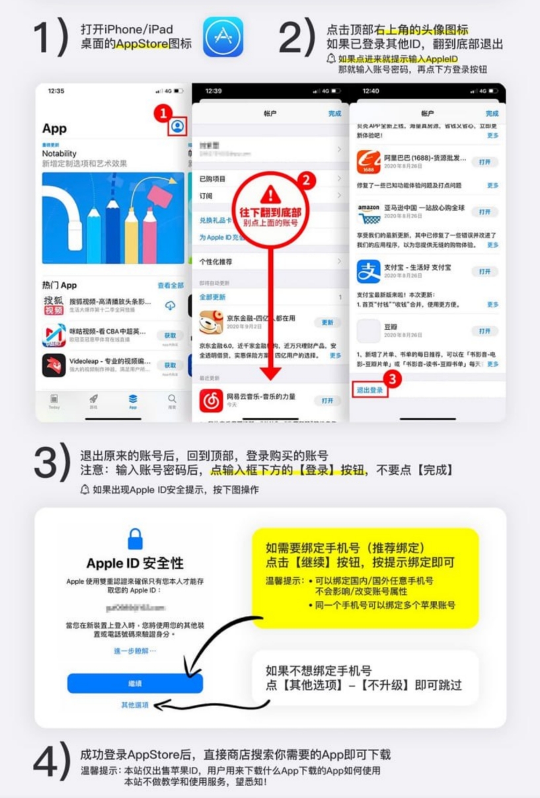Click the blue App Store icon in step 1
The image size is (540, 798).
223,37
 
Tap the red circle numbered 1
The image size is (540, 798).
161,113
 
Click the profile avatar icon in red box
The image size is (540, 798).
177,126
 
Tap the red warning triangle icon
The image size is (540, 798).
270,194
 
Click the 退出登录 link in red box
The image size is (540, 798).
369,390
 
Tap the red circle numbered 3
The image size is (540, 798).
393,379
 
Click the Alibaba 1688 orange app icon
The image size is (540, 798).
368,161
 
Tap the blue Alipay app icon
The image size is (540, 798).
368,271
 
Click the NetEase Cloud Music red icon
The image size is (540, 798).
211,400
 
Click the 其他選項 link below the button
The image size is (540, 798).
135,705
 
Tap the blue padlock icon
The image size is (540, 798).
135,538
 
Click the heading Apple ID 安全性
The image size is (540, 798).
135,563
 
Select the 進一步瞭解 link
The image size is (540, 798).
135,651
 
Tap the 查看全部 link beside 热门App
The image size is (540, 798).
170,286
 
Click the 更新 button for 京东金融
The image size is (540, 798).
327,323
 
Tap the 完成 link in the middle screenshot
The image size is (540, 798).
335,114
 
